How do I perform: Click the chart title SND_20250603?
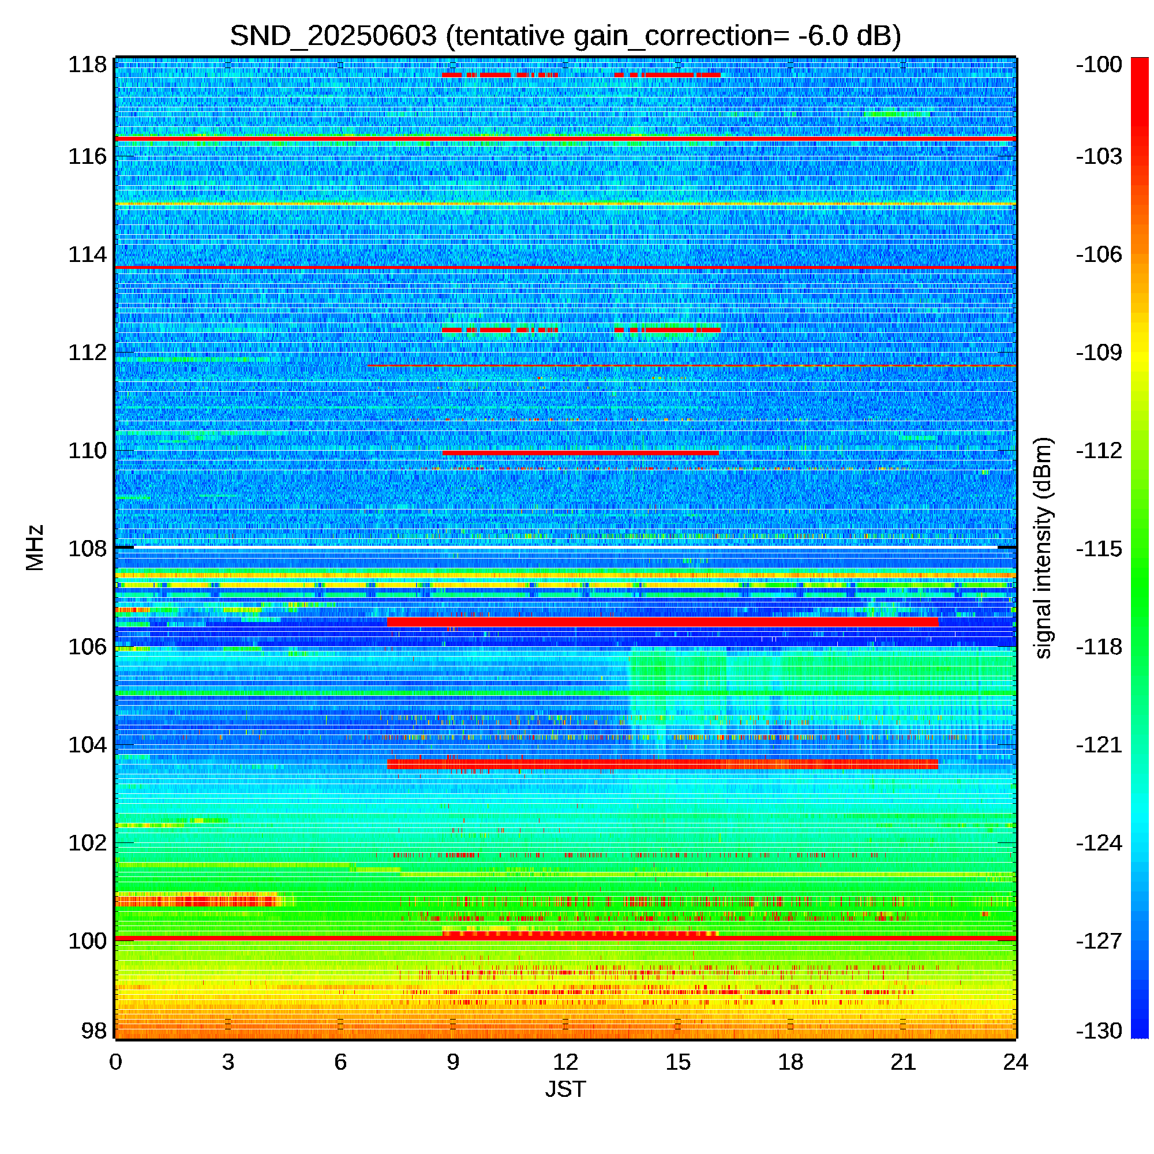pos(333,36)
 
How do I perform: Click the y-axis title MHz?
pos(35,548)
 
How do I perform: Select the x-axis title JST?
pos(565,1089)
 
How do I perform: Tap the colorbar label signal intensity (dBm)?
pos(1043,548)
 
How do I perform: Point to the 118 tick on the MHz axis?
pos(87,65)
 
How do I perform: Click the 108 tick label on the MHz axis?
pos(87,548)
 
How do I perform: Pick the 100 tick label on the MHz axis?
pos(87,941)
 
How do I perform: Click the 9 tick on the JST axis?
pos(453,1062)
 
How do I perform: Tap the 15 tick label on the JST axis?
pos(678,1062)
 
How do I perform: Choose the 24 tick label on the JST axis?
pos(1016,1062)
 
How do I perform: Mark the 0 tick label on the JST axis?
pos(116,1062)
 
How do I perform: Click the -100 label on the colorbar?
pos(1099,65)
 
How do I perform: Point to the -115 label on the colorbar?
pos(1099,548)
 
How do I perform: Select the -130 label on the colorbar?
pos(1099,1031)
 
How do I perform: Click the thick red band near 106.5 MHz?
pos(662,623)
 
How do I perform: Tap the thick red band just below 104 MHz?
pos(662,764)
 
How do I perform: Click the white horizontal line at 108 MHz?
pos(565,546)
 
